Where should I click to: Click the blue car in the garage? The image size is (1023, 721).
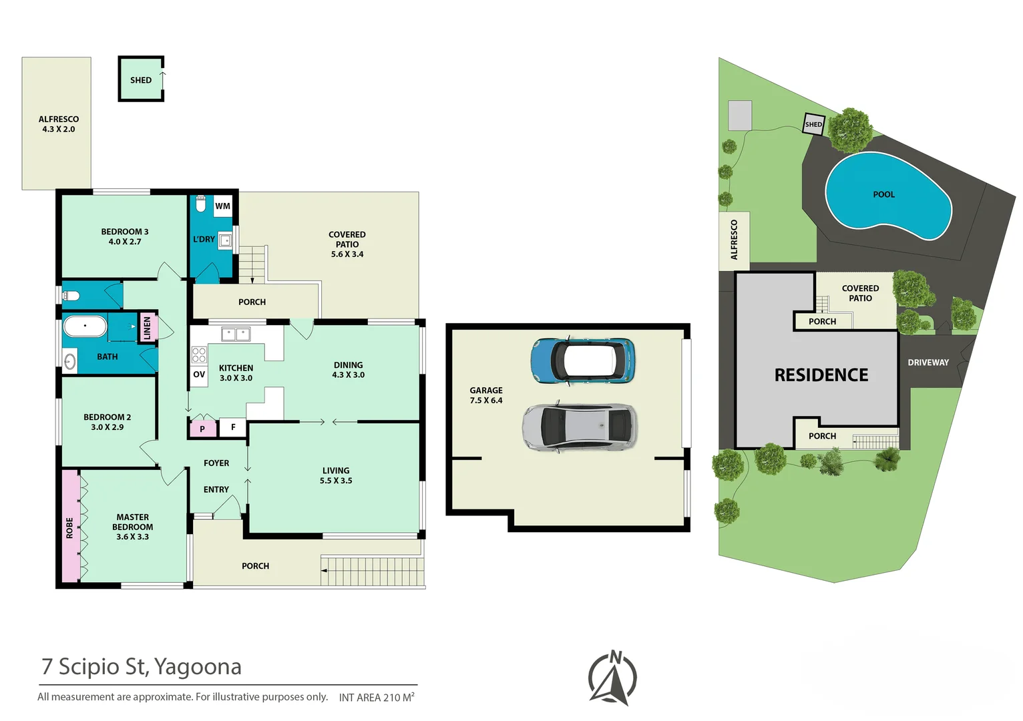pyautogui.click(x=583, y=360)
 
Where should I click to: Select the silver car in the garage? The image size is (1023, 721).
pyautogui.click(x=580, y=427)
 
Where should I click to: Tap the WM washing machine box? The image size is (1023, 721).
pyautogui.click(x=223, y=206)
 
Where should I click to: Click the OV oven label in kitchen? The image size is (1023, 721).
pyautogui.click(x=199, y=375)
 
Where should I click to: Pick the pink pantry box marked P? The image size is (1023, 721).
pyautogui.click(x=202, y=429)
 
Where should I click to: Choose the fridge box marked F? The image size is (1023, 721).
pyautogui.click(x=233, y=427)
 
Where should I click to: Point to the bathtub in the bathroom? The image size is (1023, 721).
pyautogui.click(x=85, y=326)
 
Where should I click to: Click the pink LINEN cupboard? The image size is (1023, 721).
pyautogui.click(x=148, y=327)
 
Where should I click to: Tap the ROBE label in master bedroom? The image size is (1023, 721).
pyautogui.click(x=69, y=527)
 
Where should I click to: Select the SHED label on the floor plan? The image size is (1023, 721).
pyautogui.click(x=141, y=80)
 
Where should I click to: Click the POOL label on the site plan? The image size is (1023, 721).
pyautogui.click(x=883, y=194)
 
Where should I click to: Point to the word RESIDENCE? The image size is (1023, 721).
pyautogui.click(x=821, y=375)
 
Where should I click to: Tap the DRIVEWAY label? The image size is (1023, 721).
pyautogui.click(x=928, y=362)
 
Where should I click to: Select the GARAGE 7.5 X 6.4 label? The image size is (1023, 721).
pyautogui.click(x=486, y=395)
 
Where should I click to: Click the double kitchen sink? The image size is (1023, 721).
pyautogui.click(x=236, y=334)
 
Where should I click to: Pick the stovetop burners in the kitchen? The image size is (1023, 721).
pyautogui.click(x=199, y=354)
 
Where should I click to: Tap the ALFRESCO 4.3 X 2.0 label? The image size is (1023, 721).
pyautogui.click(x=59, y=124)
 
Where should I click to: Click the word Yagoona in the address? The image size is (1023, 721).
pyautogui.click(x=198, y=667)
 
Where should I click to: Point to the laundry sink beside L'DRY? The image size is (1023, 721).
pyautogui.click(x=225, y=240)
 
